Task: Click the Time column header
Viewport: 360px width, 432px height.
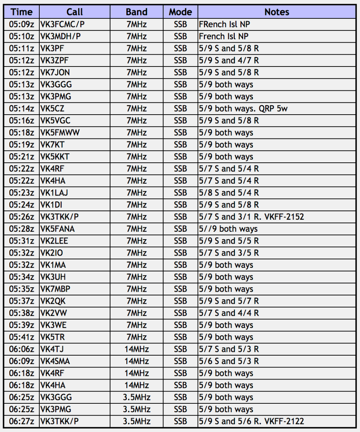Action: click(x=21, y=12)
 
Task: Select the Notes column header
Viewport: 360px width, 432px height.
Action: click(x=277, y=12)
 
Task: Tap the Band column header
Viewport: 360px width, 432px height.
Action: click(x=136, y=12)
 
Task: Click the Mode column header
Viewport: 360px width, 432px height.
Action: click(x=180, y=12)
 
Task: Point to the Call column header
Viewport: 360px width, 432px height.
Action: click(x=75, y=12)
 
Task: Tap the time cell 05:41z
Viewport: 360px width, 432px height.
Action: click(x=21, y=337)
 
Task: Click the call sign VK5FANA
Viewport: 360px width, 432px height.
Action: click(x=57, y=229)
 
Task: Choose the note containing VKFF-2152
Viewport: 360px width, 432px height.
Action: click(x=251, y=217)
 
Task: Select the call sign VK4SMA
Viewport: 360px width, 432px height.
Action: click(x=55, y=361)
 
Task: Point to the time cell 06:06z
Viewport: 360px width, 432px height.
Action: click(x=21, y=349)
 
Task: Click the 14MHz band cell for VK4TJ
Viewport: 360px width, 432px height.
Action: click(x=136, y=349)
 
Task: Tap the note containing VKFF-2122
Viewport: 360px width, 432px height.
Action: click(x=251, y=421)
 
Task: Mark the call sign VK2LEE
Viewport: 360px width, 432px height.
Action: click(x=54, y=241)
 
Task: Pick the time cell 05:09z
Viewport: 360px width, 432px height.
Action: click(x=21, y=25)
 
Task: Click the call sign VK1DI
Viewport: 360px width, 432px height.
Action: click(x=51, y=205)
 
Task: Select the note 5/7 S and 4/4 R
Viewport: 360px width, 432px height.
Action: click(x=229, y=313)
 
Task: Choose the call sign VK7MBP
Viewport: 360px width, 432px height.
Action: click(x=55, y=289)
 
